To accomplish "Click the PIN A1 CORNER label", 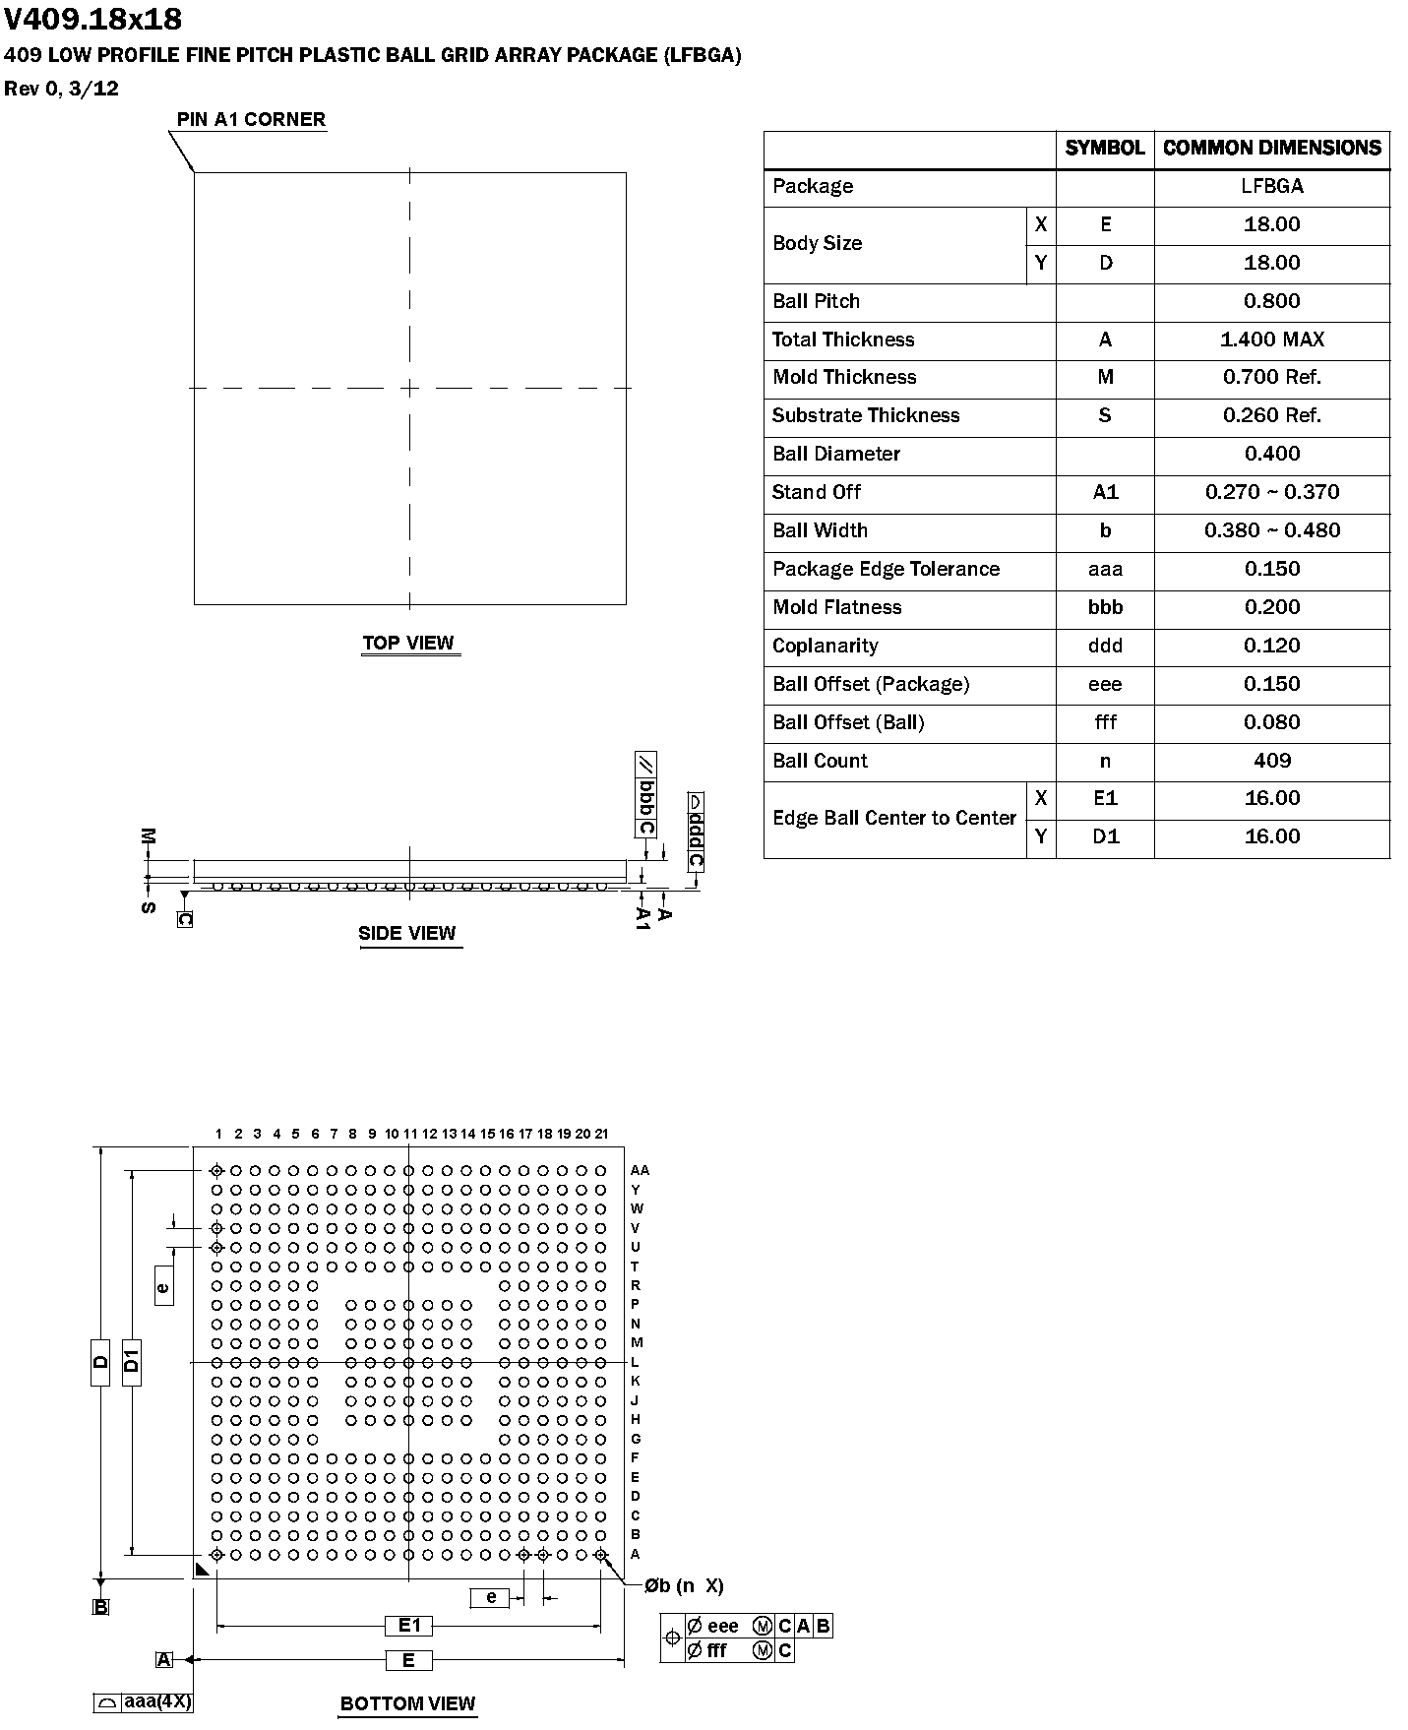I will (x=251, y=120).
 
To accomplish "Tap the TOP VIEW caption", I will (x=408, y=644).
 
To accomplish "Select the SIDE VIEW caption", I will (x=407, y=933).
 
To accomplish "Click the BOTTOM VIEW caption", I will (x=407, y=1703).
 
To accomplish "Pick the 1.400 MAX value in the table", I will (x=1271, y=340).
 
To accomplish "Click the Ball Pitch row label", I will (x=816, y=301).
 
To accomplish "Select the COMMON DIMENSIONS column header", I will (x=1271, y=148).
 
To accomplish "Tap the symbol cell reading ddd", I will (x=1105, y=646).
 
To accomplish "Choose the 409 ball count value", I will (x=1271, y=761).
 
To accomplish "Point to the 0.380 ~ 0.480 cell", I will (x=1271, y=530).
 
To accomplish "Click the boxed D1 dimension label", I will (x=132, y=1362).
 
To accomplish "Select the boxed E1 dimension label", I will (x=409, y=1626).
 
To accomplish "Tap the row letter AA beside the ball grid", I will (x=640, y=1170).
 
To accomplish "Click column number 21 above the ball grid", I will (x=602, y=1134).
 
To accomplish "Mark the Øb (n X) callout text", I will (x=684, y=1585).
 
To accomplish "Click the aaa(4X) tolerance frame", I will (x=144, y=1701).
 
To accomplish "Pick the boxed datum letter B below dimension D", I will (x=100, y=1607).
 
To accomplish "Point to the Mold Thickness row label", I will (x=844, y=377).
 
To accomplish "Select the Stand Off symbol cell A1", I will (x=1105, y=492).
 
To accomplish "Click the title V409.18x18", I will (x=93, y=20).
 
